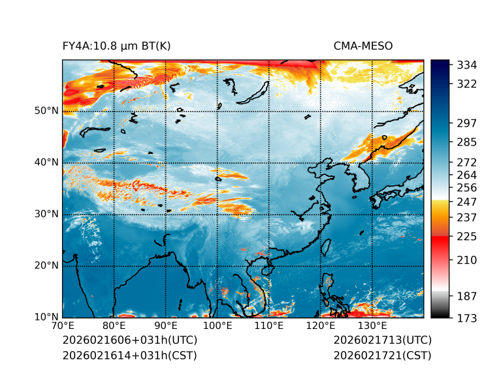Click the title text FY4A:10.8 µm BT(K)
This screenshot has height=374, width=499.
click(x=116, y=46)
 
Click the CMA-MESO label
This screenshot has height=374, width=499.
click(x=363, y=46)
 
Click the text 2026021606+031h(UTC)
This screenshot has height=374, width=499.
click(x=129, y=341)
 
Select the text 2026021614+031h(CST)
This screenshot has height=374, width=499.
click(x=129, y=356)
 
